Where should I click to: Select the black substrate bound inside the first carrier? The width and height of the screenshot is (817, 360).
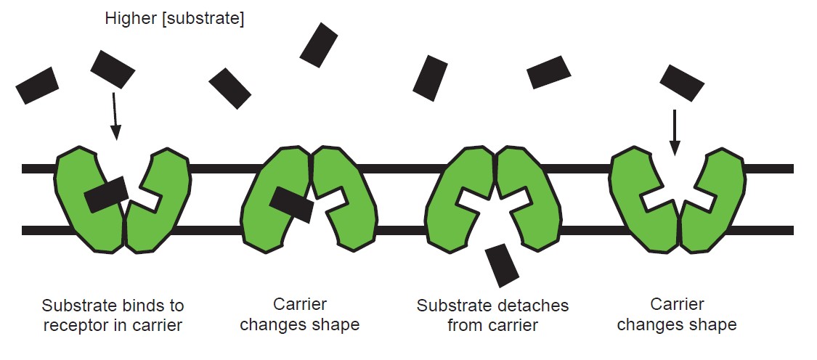tap(107, 195)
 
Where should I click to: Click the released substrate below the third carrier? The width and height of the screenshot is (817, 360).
tap(502, 265)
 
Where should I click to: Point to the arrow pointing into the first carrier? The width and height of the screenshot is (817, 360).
tap(114, 115)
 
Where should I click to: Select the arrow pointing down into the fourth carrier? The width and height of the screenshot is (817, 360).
tap(675, 131)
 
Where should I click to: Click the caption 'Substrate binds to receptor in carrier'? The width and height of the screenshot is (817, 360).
tap(113, 315)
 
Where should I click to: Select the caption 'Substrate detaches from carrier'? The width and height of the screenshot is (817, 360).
tap(492, 315)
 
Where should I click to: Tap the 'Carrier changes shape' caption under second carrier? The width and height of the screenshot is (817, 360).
tap(299, 314)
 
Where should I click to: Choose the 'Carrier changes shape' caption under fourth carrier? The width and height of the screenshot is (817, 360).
tap(676, 314)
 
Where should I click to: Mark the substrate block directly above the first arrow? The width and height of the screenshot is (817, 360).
tap(113, 70)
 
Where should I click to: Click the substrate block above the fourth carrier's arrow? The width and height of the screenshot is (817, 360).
tap(681, 83)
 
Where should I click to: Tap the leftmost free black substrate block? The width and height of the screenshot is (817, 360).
tap(37, 86)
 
